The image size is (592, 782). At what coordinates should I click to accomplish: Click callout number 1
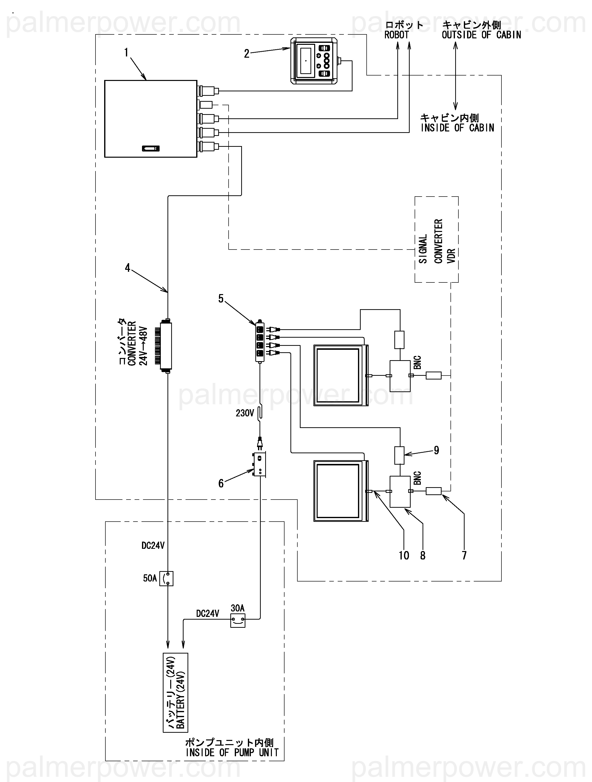tap(126, 53)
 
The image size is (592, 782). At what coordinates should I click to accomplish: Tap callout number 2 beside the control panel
tap(247, 54)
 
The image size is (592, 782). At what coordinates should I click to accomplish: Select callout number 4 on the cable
tap(127, 268)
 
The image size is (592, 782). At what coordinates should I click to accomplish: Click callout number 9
tap(437, 450)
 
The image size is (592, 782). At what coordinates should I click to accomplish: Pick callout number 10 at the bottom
tap(404, 555)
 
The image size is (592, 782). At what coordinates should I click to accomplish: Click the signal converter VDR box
tap(437, 240)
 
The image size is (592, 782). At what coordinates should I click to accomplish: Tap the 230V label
tap(245, 413)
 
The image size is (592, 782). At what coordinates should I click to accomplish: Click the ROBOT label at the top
tap(396, 35)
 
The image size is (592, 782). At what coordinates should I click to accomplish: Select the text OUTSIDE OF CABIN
tap(481, 35)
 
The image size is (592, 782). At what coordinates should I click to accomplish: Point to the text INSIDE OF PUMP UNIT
tap(232, 753)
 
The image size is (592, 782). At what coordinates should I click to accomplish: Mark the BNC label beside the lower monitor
tap(418, 478)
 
